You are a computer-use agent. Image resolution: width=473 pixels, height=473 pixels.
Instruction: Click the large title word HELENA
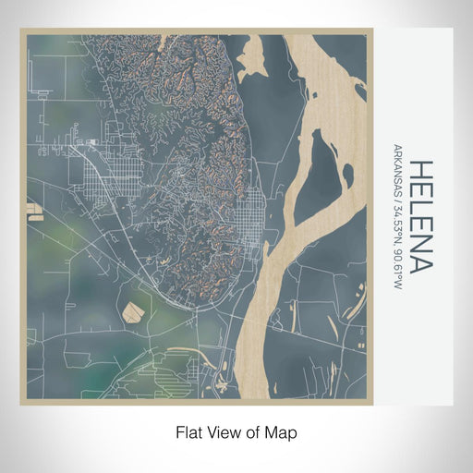coord(419,217)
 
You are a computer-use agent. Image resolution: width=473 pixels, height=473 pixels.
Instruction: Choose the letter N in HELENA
coord(419,245)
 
